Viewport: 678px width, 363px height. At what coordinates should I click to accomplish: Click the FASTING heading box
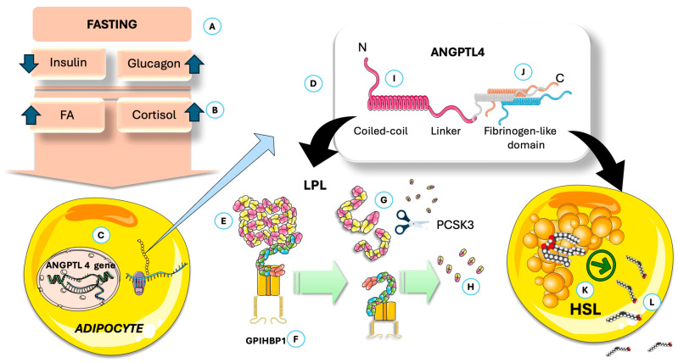(x=112, y=25)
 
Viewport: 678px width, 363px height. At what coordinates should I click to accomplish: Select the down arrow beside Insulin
(x=29, y=63)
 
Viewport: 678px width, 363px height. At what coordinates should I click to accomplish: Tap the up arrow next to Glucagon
(x=194, y=64)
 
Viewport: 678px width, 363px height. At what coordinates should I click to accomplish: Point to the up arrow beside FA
(x=31, y=115)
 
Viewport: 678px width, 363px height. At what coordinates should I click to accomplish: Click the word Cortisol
(x=154, y=115)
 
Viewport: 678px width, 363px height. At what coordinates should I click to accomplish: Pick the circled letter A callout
(x=212, y=27)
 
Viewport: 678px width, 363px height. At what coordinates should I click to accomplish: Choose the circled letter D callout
(x=313, y=83)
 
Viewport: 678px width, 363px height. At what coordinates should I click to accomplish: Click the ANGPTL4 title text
(x=458, y=53)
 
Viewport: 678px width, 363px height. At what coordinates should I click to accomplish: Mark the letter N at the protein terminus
(x=362, y=47)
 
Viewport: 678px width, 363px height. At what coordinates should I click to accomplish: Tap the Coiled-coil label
(x=380, y=131)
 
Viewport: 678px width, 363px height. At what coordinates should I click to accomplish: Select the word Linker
(x=445, y=131)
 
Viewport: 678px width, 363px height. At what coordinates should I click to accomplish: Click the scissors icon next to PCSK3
(x=412, y=221)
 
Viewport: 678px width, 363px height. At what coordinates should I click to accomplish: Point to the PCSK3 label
(x=456, y=225)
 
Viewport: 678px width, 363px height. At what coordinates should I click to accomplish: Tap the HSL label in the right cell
(x=586, y=310)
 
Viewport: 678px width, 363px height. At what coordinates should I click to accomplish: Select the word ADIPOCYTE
(x=109, y=329)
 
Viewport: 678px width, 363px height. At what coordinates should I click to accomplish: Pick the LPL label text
(x=313, y=186)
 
